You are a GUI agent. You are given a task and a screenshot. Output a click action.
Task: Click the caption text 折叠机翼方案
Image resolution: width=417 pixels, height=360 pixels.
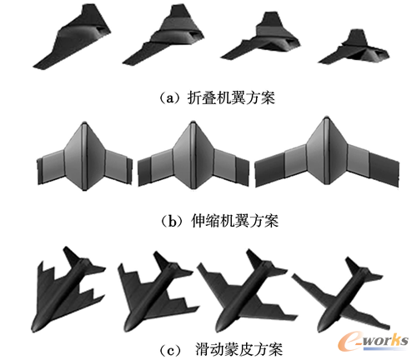pos(231,97)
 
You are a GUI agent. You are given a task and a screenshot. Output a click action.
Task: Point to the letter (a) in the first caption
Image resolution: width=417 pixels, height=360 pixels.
pos(170,98)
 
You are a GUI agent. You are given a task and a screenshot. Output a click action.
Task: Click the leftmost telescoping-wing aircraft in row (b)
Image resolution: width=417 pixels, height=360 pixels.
pos(84,156)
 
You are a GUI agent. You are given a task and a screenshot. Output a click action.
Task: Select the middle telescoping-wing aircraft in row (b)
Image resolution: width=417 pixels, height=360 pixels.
pos(193,156)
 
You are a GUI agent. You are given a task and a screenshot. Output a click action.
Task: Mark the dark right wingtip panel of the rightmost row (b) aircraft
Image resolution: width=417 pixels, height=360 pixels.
pos(384,168)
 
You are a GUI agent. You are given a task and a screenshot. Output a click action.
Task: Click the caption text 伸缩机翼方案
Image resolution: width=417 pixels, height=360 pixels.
pos(234,221)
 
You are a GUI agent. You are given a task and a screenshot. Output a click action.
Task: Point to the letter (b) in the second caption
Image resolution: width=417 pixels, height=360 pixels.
pos(173,221)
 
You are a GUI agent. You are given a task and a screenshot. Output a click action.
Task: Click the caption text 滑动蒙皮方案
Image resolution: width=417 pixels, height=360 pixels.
pos(239,349)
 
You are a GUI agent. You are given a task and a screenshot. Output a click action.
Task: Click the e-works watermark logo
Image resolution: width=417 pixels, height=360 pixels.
pos(374,341)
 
